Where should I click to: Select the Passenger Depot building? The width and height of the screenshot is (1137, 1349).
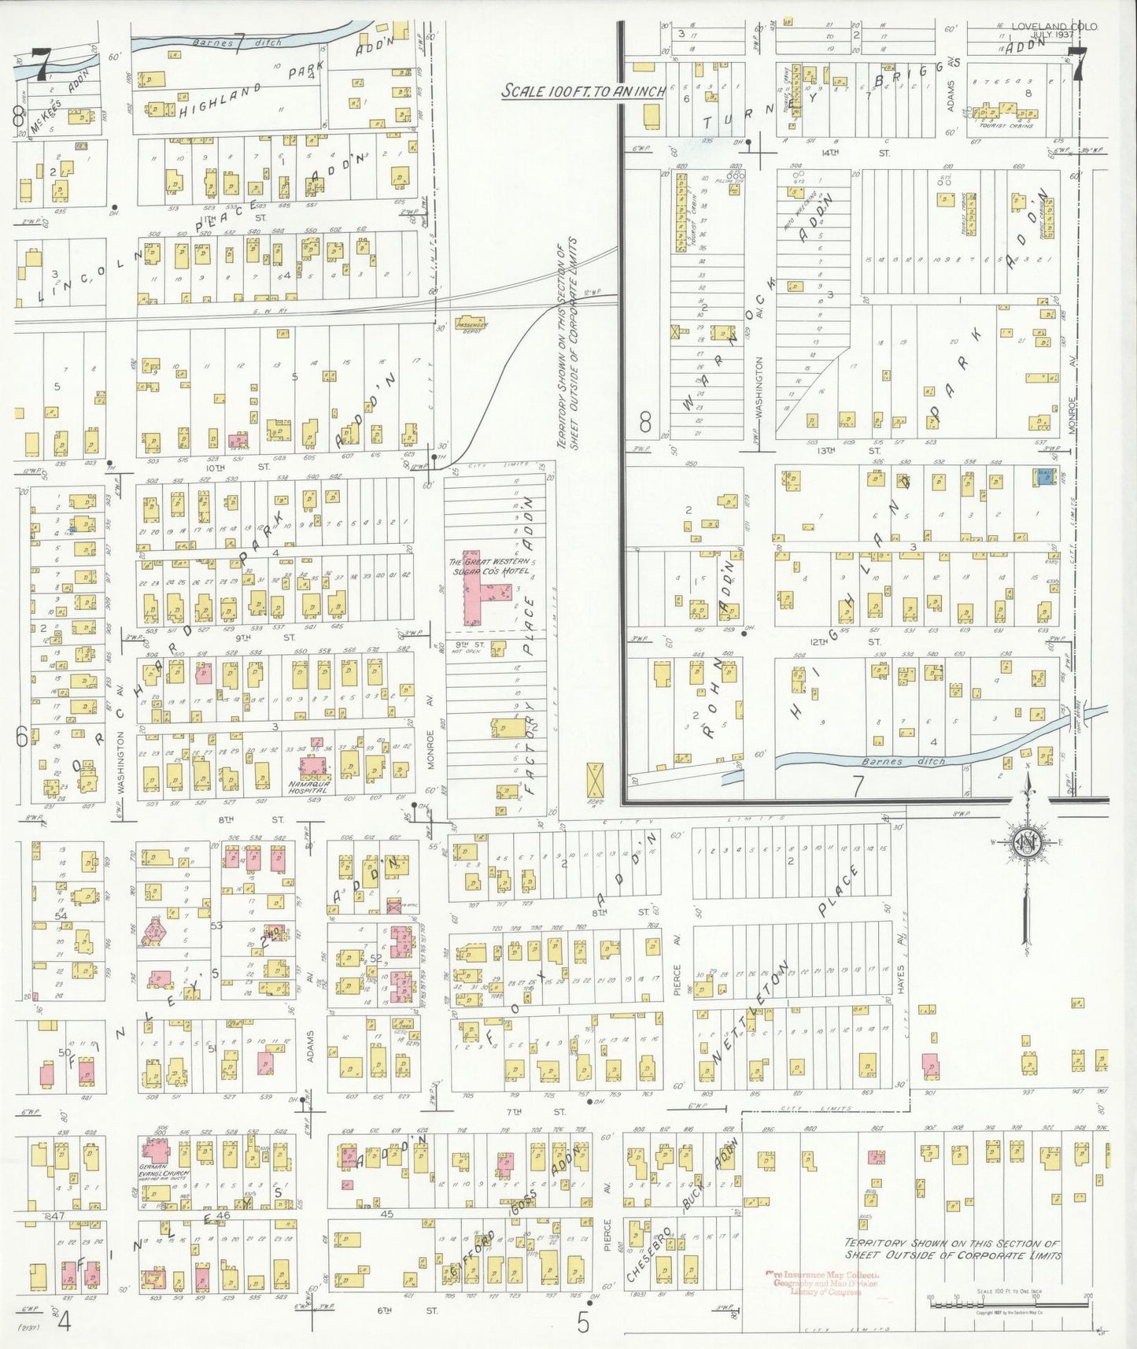coord(471,325)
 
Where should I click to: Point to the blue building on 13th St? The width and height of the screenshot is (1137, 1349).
coord(1046,475)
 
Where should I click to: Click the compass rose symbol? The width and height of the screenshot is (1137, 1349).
coord(1026,841)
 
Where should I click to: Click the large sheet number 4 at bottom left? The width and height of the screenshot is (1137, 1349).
coord(64,1322)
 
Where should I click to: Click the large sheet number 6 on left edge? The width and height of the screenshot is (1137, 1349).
coord(22,737)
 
